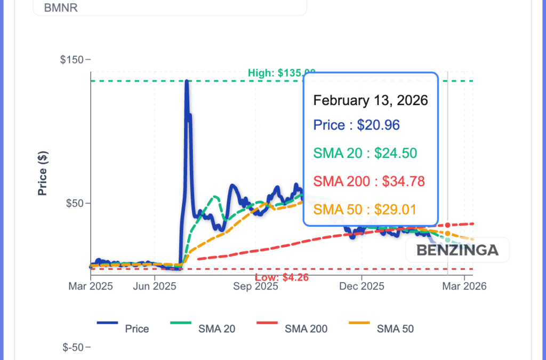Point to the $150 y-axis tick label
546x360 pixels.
[73, 59]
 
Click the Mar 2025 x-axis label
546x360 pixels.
[91, 286]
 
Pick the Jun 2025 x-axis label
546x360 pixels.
[155, 286]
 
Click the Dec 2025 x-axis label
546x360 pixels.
[362, 286]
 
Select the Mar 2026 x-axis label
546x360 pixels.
[464, 286]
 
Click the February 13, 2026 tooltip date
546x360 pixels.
[371, 100]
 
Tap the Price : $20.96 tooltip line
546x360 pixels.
[356, 125]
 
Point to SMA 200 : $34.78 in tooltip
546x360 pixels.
[369, 181]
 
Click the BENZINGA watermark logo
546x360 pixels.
[457, 250]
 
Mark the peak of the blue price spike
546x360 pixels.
[187, 82]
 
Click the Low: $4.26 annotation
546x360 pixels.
[282, 277]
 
